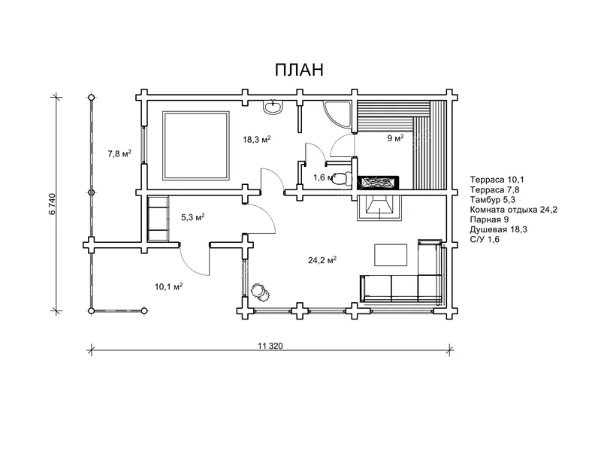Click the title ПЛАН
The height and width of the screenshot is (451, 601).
click(299, 70)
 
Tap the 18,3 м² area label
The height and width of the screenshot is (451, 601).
click(257, 139)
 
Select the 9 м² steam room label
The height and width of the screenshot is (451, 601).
click(395, 138)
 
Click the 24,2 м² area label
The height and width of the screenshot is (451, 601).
click(322, 260)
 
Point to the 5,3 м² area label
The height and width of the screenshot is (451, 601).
click(193, 217)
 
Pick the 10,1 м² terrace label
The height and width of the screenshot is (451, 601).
click(168, 286)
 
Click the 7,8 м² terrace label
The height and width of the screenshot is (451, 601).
click(119, 154)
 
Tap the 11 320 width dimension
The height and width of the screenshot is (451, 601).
click(270, 346)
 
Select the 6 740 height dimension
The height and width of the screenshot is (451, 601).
click(53, 204)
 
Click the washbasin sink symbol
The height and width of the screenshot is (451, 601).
click(273, 107)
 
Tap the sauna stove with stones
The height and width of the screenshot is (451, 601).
click(378, 183)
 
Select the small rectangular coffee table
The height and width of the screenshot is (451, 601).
click(391, 255)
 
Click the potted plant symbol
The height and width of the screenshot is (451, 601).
click(260, 292)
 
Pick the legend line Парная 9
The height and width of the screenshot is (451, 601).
click(489, 219)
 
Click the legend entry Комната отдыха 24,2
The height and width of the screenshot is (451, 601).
click(514, 210)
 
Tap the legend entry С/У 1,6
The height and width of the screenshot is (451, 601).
click(485, 240)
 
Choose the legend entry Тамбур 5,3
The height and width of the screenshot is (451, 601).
click(493, 200)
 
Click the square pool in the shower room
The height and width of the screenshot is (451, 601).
click(196, 145)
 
